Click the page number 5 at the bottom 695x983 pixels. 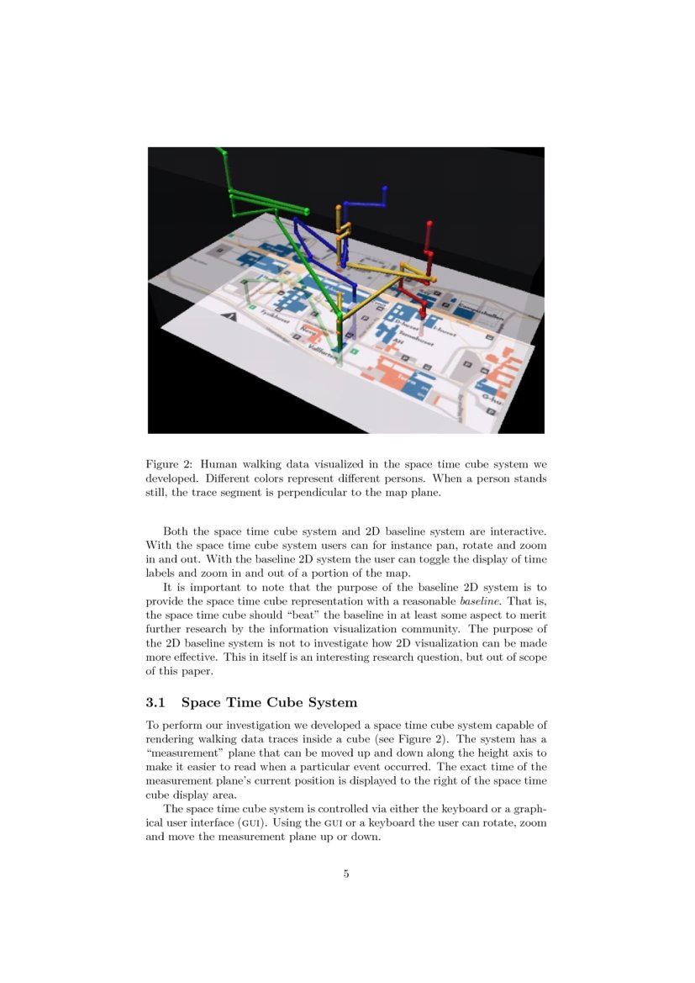(x=346, y=874)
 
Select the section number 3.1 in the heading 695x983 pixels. (x=157, y=702)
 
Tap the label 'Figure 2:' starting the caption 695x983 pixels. (x=169, y=464)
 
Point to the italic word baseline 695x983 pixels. (x=481, y=602)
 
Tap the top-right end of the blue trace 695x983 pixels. (x=385, y=188)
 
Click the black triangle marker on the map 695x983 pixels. (x=229, y=317)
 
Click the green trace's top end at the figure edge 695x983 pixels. (x=220, y=151)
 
